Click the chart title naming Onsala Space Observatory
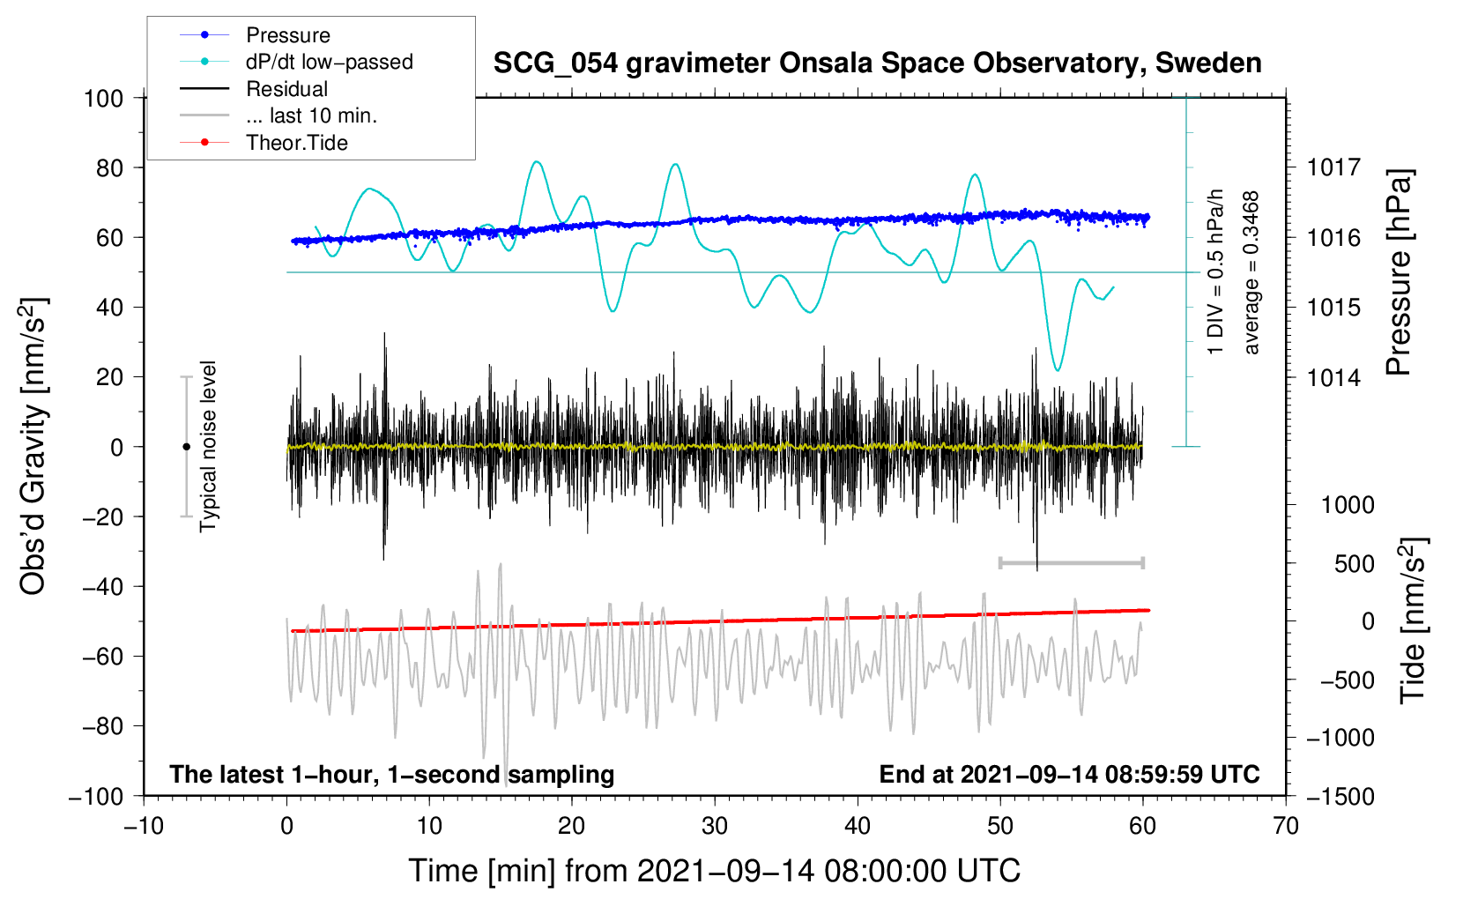(877, 63)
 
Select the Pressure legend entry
(287, 35)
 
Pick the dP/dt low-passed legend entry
(329, 62)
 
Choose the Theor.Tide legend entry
(296, 143)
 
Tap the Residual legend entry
(286, 89)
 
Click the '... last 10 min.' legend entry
(311, 115)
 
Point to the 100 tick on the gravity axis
(103, 98)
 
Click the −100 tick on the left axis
(96, 796)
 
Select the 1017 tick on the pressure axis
(1333, 167)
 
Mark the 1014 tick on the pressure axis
(1333, 377)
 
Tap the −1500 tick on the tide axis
(1340, 796)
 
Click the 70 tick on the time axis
(1286, 826)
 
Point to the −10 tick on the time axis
(144, 826)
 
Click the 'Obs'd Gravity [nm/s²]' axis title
(33, 447)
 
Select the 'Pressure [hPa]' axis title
(1399, 273)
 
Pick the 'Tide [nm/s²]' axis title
(1413, 621)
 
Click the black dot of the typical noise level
(186, 447)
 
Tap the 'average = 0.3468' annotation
(1251, 273)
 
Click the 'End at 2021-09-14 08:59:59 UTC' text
(1069, 774)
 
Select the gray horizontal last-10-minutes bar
(1071, 562)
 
